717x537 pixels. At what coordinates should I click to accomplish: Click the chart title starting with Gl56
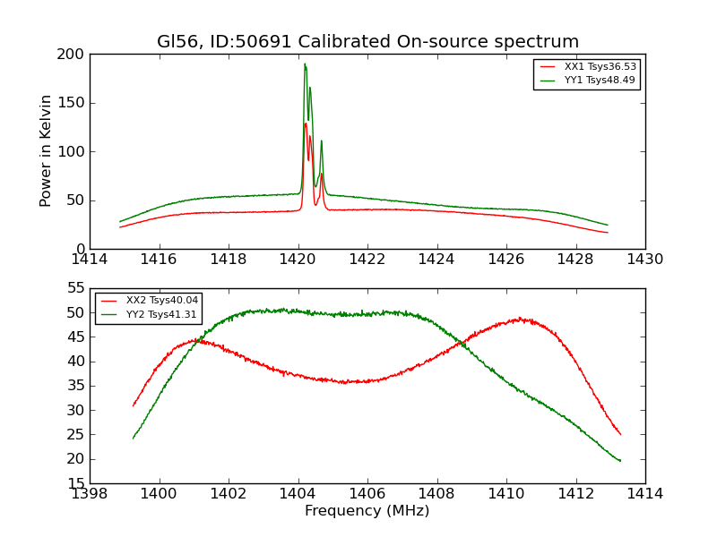point(367,42)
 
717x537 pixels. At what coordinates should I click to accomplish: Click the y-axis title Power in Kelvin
point(46,150)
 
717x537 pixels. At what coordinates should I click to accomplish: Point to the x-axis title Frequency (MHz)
point(367,511)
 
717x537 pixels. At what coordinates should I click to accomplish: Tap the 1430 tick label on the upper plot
point(645,260)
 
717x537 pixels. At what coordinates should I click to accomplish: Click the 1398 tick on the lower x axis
point(90,494)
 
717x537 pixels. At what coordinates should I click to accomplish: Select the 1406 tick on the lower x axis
point(367,494)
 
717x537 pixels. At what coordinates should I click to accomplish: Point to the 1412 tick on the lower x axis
point(575,494)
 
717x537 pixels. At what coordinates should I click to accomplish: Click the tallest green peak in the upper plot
point(305,64)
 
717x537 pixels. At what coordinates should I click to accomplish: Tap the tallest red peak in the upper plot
point(305,124)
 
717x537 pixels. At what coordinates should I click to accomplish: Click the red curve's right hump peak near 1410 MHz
point(521,319)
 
